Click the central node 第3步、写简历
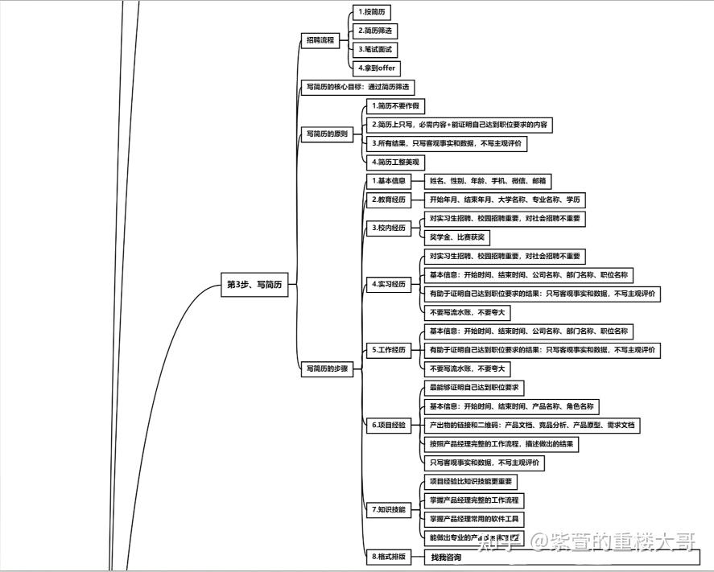pos(254,284)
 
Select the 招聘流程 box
pos(320,40)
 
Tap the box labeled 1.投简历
pos(372,12)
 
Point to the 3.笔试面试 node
pos(376,50)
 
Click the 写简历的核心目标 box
pos(360,88)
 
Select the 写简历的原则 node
pos(327,134)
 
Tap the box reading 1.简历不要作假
pos(395,106)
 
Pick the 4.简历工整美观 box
pos(395,162)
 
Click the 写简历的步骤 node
pos(327,368)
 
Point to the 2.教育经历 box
pos(389,200)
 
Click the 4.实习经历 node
pos(389,284)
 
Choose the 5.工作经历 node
pos(389,350)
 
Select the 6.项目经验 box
pos(389,425)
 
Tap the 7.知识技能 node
pos(389,509)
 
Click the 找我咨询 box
pos(446,558)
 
